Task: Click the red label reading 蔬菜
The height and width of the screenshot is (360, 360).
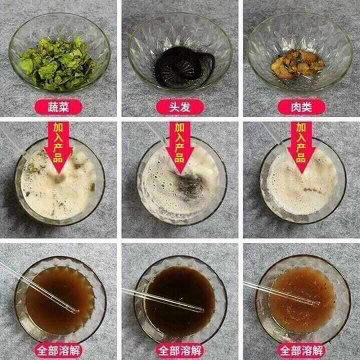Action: tap(58, 106)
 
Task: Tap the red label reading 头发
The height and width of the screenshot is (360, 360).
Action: tap(179, 106)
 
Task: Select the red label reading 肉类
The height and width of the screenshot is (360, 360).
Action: tap(301, 106)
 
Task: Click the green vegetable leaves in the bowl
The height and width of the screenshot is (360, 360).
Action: tap(57, 65)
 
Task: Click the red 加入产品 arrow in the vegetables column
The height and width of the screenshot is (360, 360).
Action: tap(58, 145)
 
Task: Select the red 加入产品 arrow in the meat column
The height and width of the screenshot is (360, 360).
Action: tap(301, 145)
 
